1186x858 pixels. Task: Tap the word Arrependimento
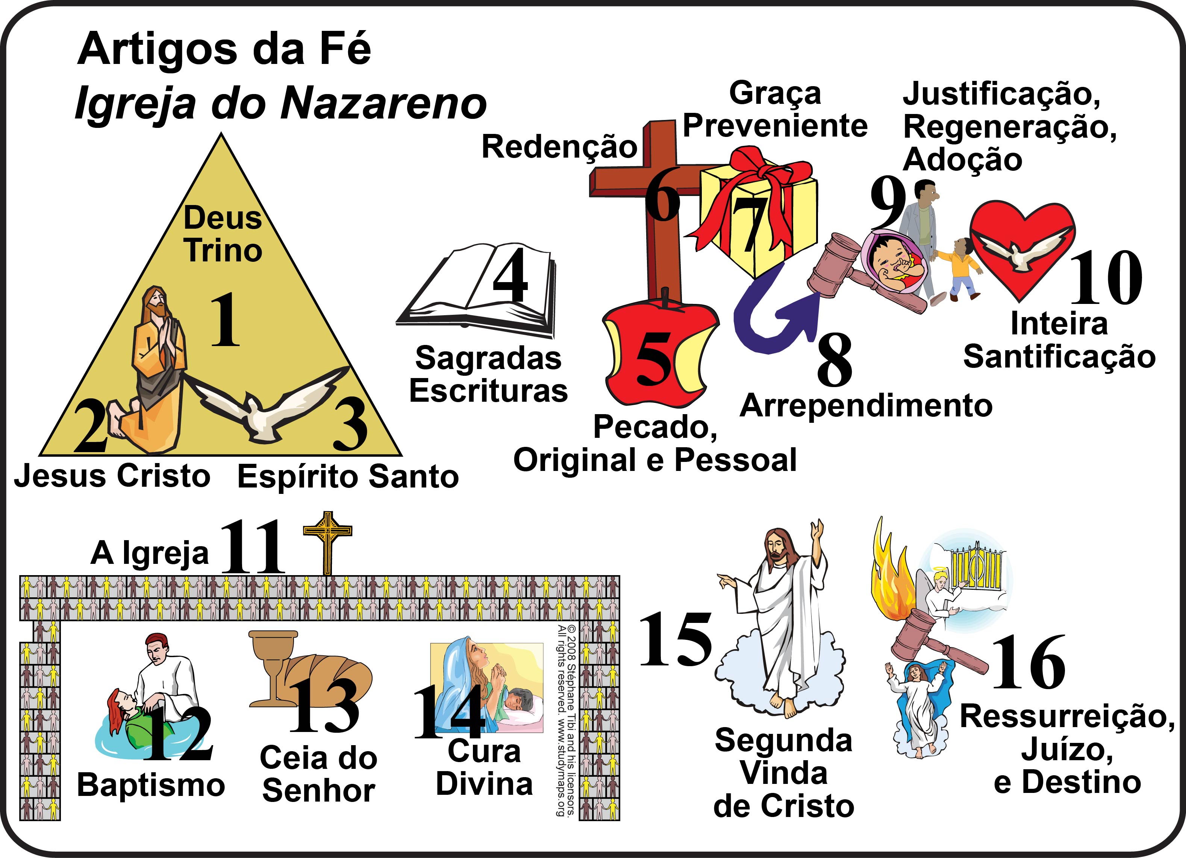[x=866, y=406]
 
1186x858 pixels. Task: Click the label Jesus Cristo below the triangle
[x=112, y=476]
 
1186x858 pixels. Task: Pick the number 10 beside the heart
[x=1106, y=277]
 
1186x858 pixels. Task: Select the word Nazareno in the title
[x=383, y=103]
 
